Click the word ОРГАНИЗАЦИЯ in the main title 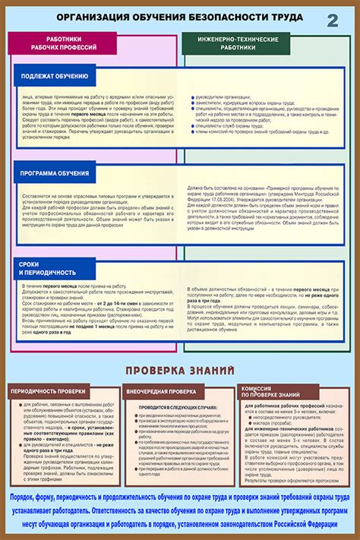[x=90, y=17]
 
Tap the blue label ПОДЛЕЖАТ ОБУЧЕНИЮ [x=54, y=77]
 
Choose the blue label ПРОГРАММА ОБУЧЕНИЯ [x=54, y=174]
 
